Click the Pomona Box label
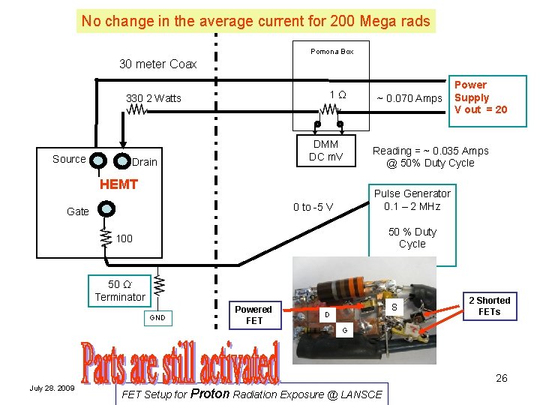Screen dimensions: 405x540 tap(331, 51)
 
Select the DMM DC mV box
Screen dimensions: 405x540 tap(325, 151)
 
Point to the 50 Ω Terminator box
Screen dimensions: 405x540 tap(120, 291)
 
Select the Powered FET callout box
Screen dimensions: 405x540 tap(253, 315)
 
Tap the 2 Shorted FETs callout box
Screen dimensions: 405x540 tap(489, 306)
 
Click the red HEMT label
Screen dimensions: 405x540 tap(118, 184)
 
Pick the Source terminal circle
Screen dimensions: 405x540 tap(97, 160)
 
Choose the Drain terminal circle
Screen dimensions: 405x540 tap(121, 161)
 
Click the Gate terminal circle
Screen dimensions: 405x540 tap(107, 209)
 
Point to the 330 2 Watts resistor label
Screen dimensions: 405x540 tap(154, 98)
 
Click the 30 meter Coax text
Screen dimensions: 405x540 tap(158, 64)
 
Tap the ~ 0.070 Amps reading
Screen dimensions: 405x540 tap(409, 98)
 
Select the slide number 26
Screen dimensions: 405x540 tap(501, 378)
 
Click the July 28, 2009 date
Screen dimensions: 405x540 tap(52, 388)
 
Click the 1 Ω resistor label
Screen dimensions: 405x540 tap(337, 95)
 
